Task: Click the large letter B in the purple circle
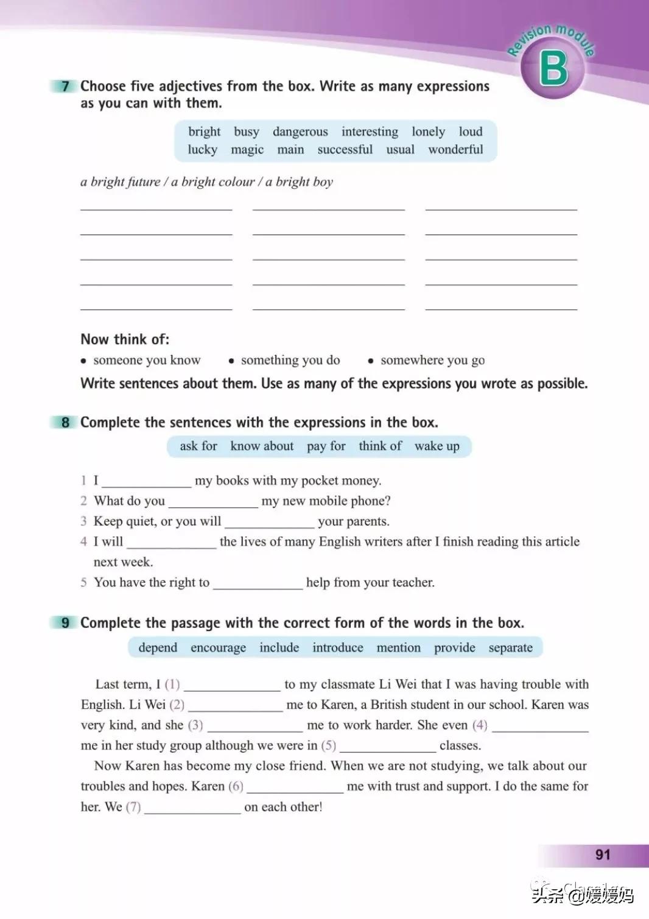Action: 553,68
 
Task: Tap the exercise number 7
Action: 66,86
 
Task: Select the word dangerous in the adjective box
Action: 300,132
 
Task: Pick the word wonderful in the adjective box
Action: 455,150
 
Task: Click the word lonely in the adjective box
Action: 428,132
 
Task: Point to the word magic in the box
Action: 247,150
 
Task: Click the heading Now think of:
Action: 125,339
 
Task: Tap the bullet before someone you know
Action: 83,361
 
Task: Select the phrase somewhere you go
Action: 432,361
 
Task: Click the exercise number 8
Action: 66,422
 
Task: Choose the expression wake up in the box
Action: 437,446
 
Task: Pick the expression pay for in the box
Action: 326,446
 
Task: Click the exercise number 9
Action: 66,622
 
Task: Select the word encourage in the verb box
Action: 218,647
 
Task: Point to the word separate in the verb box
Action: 510,647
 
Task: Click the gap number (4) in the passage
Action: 480,725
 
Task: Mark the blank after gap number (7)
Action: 192,808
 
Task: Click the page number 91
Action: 603,854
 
